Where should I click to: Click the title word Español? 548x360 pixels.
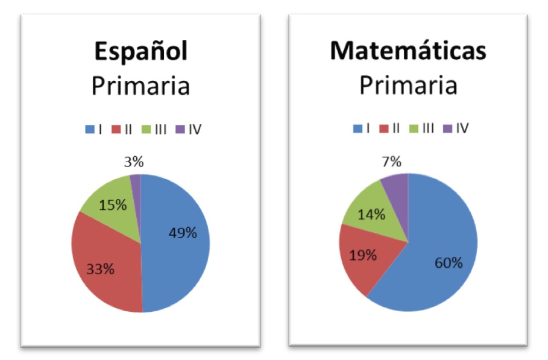(x=140, y=52)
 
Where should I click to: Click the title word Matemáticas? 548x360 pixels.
(x=408, y=51)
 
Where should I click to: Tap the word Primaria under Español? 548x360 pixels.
(x=140, y=86)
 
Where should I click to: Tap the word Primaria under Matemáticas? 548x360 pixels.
(x=408, y=85)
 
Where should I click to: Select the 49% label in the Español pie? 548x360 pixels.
(x=182, y=233)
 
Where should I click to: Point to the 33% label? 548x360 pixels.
(x=100, y=269)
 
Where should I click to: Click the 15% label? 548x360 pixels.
(x=113, y=204)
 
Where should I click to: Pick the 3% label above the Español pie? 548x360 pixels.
(x=133, y=162)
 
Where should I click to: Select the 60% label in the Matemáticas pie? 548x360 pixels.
(x=448, y=263)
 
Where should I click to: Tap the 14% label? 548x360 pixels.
(x=371, y=213)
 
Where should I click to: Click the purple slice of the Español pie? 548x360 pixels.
(x=136, y=178)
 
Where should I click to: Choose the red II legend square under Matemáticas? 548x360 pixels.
(x=384, y=128)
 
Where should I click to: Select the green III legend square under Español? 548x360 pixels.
(x=145, y=129)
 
